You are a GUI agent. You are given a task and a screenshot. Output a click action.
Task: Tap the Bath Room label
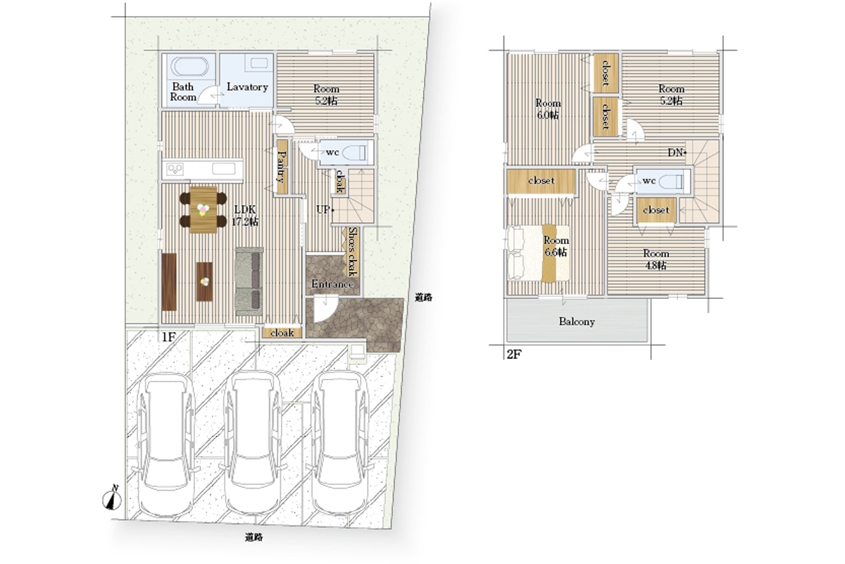click(x=183, y=92)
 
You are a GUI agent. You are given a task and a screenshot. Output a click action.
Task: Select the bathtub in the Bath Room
click(x=189, y=67)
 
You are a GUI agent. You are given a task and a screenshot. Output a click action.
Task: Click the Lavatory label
click(x=247, y=87)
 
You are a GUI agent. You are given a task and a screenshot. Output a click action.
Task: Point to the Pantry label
click(x=282, y=166)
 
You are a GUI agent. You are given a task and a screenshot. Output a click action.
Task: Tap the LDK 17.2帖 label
click(x=245, y=215)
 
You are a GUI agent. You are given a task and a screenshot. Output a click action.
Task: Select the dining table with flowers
click(x=204, y=210)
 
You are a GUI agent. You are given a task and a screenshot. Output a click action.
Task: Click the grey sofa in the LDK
click(x=249, y=281)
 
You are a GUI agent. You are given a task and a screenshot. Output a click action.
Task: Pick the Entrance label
click(x=332, y=283)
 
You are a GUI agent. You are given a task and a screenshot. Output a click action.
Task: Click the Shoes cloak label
click(x=352, y=251)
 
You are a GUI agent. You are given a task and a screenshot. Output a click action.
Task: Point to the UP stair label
click(x=325, y=209)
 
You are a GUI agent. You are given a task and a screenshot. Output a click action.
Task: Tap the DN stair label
click(x=677, y=152)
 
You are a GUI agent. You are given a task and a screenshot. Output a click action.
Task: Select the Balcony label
click(x=577, y=321)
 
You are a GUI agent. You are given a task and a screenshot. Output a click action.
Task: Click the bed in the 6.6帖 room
click(x=538, y=253)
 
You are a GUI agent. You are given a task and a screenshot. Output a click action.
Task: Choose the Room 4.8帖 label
click(x=656, y=259)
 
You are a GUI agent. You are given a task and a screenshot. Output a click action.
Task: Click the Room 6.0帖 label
click(x=548, y=109)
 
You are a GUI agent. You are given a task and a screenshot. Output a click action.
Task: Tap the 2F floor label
click(x=514, y=355)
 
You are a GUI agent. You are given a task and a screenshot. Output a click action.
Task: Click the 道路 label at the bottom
click(x=254, y=537)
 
